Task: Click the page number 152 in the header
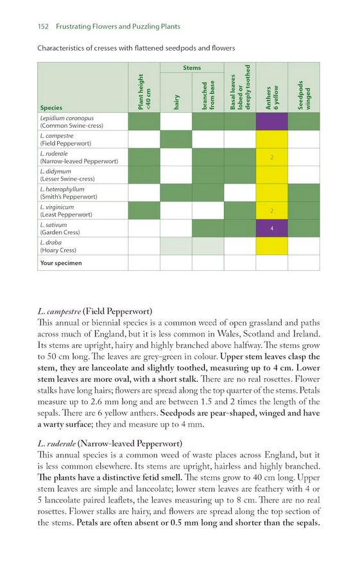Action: tap(44, 27)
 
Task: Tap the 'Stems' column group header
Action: tap(192, 67)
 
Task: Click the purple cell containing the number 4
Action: tap(271, 229)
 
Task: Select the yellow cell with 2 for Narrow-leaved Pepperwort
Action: tap(271, 157)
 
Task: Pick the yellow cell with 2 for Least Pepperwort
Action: tap(271, 211)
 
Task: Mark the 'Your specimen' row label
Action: tap(61, 263)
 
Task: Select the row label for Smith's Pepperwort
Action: tap(68, 193)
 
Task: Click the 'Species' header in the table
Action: tap(51, 108)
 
